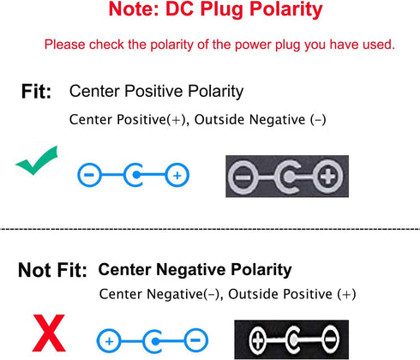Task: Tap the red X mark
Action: tap(49, 333)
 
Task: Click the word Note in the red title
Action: tap(133, 9)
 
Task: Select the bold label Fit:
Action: tap(36, 92)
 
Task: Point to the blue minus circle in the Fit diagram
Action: tap(89, 175)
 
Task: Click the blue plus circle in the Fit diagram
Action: tap(177, 175)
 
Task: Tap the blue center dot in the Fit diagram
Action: tap(136, 175)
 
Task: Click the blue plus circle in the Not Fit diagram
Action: tap(109, 341)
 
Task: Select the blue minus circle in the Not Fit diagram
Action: tap(195, 340)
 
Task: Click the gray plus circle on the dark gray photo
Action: tap(327, 177)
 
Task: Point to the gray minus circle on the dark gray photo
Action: tap(243, 177)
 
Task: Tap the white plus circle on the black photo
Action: tap(257, 340)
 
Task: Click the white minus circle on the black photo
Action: tap(331, 339)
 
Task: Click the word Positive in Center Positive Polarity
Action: tap(153, 92)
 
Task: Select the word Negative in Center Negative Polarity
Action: tap(191, 270)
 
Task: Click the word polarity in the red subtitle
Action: tap(172, 45)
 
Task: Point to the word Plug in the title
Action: tap(222, 10)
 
